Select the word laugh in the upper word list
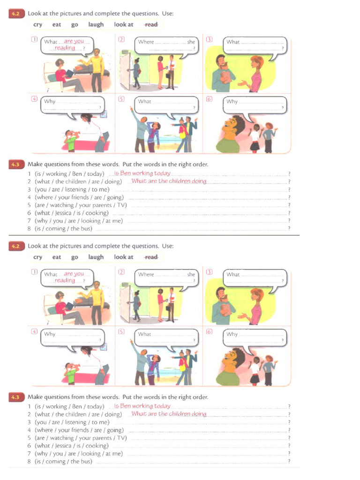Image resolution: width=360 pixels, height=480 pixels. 96,24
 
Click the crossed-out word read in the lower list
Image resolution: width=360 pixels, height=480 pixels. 151,257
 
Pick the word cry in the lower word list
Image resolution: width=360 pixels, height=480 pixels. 38,257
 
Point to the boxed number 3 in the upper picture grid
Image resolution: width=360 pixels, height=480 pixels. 209,39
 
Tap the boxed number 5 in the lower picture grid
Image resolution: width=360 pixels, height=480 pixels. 121,331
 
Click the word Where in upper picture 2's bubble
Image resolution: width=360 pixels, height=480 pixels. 146,42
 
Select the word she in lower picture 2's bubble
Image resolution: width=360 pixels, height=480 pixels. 191,274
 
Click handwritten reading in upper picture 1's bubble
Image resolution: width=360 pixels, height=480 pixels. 65,48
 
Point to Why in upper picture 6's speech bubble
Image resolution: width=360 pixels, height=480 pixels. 232,101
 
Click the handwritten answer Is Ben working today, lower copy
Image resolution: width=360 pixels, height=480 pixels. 142,406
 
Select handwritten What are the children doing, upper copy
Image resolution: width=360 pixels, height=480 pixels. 169,181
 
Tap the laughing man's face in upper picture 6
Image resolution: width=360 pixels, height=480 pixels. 230,125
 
